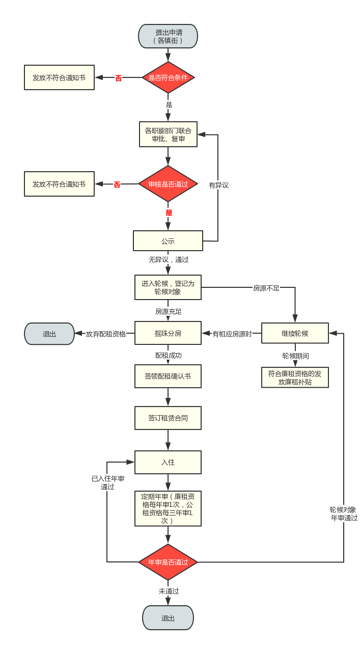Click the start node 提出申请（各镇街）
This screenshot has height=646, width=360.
point(168,36)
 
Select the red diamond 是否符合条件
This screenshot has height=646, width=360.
point(168,78)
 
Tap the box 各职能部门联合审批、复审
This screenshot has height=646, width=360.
point(168,134)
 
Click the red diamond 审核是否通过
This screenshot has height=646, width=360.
point(168,184)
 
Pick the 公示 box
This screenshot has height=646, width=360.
point(168,241)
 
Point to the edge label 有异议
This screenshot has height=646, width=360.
point(218,185)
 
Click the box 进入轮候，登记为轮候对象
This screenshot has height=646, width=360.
point(168,288)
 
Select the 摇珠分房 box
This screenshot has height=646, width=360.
point(168,334)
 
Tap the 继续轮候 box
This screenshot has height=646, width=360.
point(295,334)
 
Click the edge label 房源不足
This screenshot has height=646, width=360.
point(266,288)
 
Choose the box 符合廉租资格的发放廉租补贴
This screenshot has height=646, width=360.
point(295,378)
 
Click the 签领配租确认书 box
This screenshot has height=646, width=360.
point(168,376)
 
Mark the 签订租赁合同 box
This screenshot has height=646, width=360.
point(168,418)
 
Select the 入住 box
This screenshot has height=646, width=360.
point(168,462)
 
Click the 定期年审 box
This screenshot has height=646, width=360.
point(168,508)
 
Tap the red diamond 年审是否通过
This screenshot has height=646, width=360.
point(168,562)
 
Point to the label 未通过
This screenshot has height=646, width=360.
point(169,591)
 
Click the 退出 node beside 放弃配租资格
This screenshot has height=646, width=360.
point(49,334)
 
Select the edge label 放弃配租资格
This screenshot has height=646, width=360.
point(105,334)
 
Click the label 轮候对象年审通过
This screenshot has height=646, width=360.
point(344,514)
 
